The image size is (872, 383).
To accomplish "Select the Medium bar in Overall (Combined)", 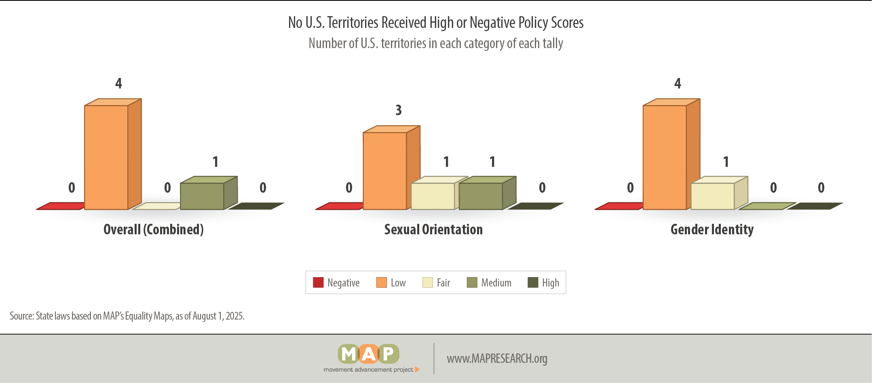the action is click(x=209, y=193).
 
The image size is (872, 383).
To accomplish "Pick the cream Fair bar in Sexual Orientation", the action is click(x=439, y=193).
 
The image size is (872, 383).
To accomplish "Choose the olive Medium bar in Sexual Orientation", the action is click(x=488, y=193).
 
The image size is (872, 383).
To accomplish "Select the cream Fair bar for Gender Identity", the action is click(x=720, y=193).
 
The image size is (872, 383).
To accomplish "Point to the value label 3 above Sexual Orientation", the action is click(x=399, y=110).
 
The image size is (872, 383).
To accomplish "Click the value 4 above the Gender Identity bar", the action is click(x=678, y=83).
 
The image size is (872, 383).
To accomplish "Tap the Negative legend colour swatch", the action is click(x=318, y=282).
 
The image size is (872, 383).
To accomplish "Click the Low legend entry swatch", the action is click(x=382, y=282).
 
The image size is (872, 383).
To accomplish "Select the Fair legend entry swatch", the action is click(x=428, y=282).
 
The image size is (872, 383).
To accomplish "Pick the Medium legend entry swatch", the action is click(x=472, y=282).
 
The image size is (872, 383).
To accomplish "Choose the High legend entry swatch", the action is click(x=533, y=282).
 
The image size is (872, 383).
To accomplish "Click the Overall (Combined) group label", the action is click(x=154, y=229).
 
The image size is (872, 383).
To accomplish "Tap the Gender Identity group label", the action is click(x=712, y=229).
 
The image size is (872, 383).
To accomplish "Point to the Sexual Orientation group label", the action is click(x=433, y=229).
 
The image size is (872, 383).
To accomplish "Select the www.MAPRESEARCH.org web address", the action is click(x=497, y=358).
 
